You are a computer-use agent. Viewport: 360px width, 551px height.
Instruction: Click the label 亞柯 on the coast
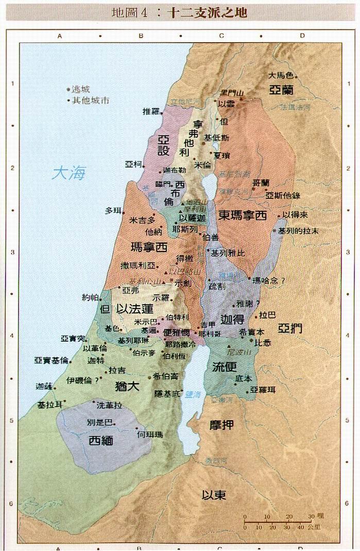pos(132,164)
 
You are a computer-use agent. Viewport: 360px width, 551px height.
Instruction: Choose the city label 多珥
pos(113,210)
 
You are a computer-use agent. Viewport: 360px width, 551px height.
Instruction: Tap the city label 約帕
pos(90,297)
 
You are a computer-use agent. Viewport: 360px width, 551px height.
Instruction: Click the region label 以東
pos(214,495)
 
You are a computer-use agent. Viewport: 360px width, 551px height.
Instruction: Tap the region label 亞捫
pos(290,329)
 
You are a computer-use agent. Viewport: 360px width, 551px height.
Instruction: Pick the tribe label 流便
pos(225,366)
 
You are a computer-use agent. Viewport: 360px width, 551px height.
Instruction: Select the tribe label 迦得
pos(231,318)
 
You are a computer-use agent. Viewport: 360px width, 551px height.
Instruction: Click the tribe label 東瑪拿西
pos(242,215)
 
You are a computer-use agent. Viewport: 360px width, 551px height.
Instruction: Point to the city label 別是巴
pos(98,422)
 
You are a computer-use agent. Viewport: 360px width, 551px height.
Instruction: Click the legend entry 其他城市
pos(90,101)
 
